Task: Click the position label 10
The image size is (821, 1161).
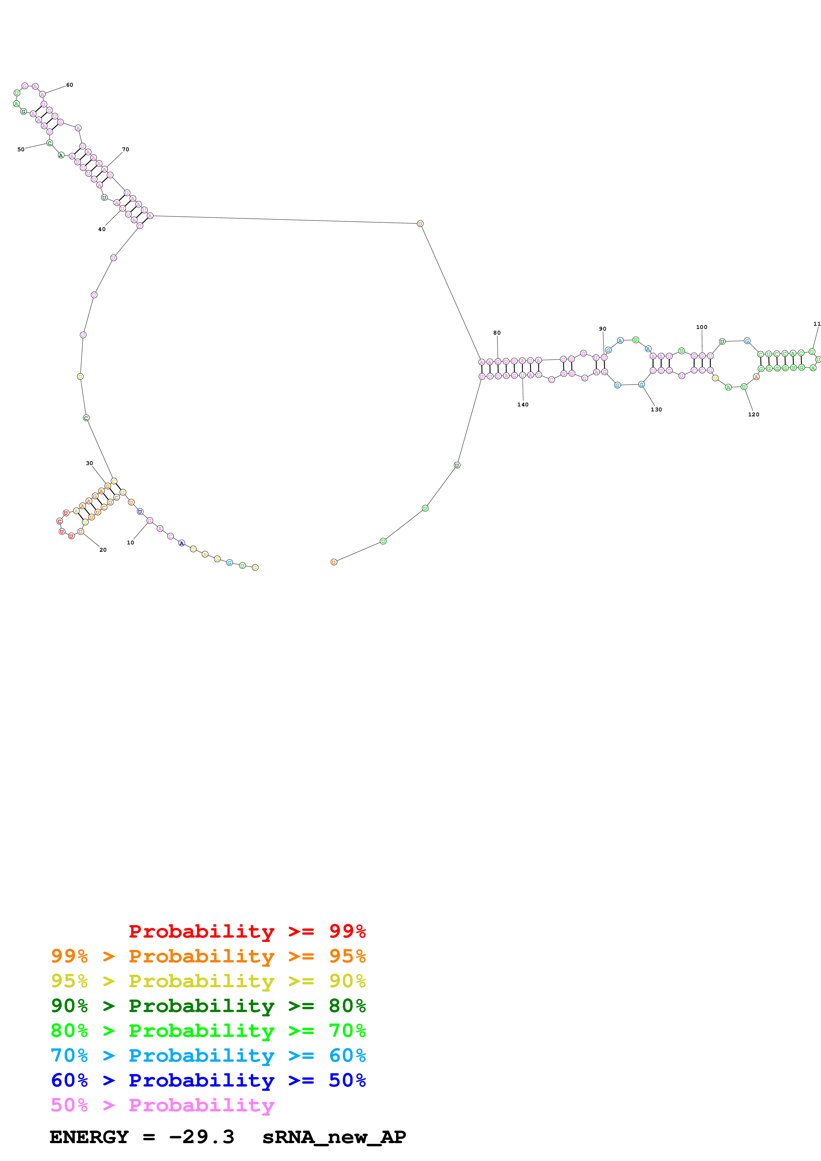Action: click(x=130, y=542)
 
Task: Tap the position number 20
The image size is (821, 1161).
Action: click(x=103, y=550)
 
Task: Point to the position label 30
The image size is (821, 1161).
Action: click(x=89, y=463)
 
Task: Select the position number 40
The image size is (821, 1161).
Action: click(x=102, y=229)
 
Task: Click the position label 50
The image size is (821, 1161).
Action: click(x=21, y=150)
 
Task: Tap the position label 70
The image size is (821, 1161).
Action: click(x=126, y=149)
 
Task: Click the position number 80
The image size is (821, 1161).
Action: click(x=497, y=333)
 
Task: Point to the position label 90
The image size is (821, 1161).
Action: click(x=602, y=329)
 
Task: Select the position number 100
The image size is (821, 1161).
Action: click(x=702, y=327)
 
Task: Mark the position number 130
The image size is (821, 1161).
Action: click(x=656, y=410)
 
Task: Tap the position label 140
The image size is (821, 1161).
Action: click(x=523, y=404)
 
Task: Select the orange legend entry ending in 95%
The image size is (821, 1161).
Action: click(x=208, y=956)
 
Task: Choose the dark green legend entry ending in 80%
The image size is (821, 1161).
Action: click(x=208, y=1006)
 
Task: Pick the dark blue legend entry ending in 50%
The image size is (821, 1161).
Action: click(x=208, y=1080)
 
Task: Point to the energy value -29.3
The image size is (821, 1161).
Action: click(x=201, y=1137)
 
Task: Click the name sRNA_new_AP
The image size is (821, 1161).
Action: click(x=334, y=1137)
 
